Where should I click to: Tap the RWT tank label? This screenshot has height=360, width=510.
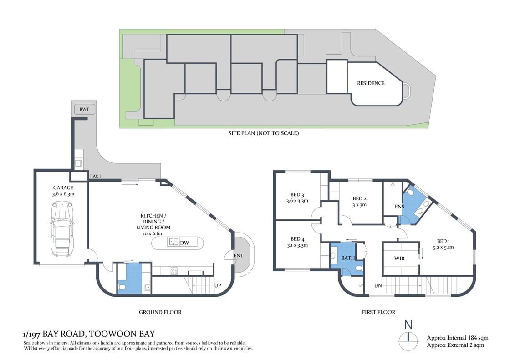(x=84, y=109)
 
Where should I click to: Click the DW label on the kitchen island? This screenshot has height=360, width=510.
(x=184, y=243)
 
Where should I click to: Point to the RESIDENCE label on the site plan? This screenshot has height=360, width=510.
(x=371, y=83)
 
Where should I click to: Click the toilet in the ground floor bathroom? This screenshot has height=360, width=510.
(x=122, y=286)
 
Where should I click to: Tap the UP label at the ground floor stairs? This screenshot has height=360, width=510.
(x=218, y=286)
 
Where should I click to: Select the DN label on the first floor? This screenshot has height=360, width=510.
(x=378, y=286)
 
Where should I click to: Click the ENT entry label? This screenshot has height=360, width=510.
(x=238, y=256)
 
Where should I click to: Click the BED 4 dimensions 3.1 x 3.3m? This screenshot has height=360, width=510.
(x=297, y=245)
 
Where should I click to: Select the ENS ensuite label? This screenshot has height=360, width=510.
(x=399, y=207)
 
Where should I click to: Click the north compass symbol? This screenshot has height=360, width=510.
(x=408, y=339)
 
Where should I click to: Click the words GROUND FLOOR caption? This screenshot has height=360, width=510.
(x=160, y=312)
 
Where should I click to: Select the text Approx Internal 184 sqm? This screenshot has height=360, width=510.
(x=457, y=338)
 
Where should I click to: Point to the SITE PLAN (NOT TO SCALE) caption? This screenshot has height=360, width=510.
(x=264, y=133)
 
